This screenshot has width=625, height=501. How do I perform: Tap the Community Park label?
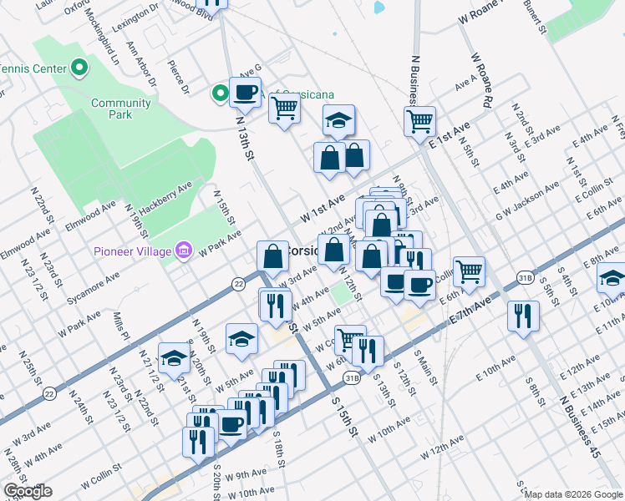121,109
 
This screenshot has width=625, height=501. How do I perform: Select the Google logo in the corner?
27,491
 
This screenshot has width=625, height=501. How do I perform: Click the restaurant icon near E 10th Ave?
523,316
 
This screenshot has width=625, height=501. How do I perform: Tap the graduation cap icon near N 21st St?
174,358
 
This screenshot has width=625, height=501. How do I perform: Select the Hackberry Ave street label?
166,194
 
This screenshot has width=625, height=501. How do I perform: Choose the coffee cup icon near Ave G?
246,92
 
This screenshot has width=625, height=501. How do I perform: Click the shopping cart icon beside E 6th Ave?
470,271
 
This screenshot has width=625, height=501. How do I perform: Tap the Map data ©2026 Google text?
573,493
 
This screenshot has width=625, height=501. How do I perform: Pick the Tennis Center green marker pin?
80,66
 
